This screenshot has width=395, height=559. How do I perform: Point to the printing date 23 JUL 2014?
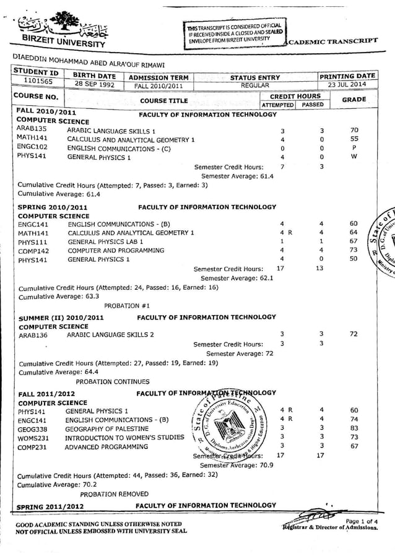coord(347,85)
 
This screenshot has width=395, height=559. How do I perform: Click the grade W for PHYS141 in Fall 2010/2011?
coord(354,157)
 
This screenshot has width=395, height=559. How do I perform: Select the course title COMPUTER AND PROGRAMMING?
coord(116,251)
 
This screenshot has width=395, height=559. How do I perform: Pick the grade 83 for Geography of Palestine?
coord(354,428)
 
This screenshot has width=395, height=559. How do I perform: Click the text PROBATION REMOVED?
coord(114,494)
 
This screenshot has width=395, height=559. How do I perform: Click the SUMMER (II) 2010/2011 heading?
coord(61,318)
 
